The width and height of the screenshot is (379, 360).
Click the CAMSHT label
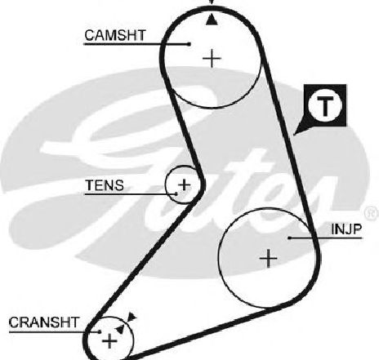click(115, 35)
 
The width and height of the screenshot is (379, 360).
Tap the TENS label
click(105, 185)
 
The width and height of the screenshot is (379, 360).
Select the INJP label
click(346, 229)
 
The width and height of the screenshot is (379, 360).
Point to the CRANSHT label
click(44, 322)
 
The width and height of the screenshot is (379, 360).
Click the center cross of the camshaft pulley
click(212, 58)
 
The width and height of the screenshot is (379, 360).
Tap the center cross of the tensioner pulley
click(185, 184)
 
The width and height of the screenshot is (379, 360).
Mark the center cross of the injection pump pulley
click(269, 258)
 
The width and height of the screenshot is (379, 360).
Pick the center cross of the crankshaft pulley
click(109, 340)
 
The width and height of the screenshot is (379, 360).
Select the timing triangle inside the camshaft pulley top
click(212, 20)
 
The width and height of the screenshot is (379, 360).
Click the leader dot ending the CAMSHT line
click(189, 43)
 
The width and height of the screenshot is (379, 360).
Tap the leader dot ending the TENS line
click(176, 194)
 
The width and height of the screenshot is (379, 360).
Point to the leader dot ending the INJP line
click(290, 238)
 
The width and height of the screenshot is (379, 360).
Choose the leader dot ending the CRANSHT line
click(100, 331)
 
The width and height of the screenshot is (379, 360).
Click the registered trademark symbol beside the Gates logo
click(372, 212)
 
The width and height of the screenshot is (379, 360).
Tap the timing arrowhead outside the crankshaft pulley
click(132, 317)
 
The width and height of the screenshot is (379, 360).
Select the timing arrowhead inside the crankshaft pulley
click(120, 330)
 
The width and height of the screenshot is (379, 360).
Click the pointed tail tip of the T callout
click(294, 135)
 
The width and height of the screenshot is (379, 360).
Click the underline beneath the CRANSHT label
click(54, 332)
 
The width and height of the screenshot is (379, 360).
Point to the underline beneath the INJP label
click(327, 238)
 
